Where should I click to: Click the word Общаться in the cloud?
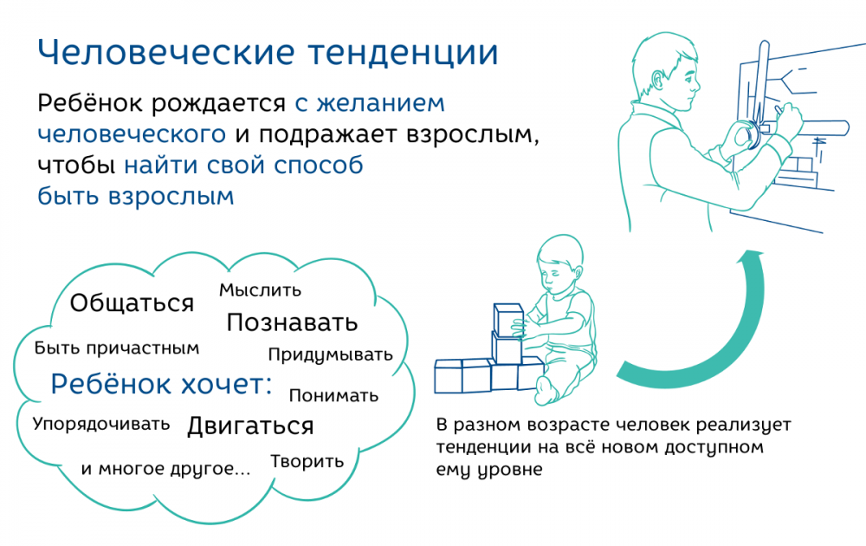(x=132, y=303)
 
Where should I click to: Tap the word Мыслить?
(x=260, y=290)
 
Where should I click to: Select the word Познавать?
(x=292, y=322)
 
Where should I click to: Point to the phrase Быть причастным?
(x=117, y=348)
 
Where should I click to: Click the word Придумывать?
(x=330, y=354)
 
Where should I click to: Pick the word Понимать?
(x=333, y=396)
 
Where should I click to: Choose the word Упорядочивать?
(x=101, y=425)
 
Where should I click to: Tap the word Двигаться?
(x=250, y=426)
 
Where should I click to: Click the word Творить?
(x=307, y=461)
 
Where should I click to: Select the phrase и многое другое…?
(x=165, y=469)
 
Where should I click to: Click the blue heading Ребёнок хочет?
(x=161, y=384)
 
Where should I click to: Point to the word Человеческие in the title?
(x=166, y=53)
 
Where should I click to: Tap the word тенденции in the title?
(x=404, y=54)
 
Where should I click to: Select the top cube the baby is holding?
(x=508, y=320)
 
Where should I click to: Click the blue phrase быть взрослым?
(x=136, y=196)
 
